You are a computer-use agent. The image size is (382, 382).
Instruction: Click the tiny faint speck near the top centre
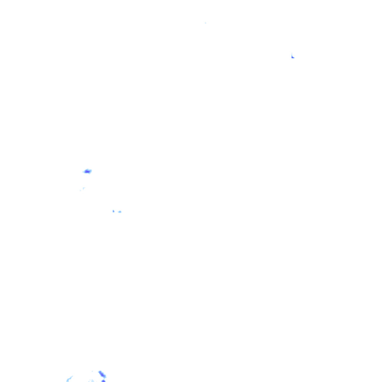205,23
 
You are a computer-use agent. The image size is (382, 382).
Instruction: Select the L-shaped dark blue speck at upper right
292,57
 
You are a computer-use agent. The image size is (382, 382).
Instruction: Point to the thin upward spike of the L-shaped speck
292,54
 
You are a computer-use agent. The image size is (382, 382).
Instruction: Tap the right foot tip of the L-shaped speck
294,57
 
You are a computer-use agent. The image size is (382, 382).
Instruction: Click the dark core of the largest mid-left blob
88,171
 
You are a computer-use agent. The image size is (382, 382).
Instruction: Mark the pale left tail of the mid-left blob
84,172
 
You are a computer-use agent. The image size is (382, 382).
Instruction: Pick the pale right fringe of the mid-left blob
91,171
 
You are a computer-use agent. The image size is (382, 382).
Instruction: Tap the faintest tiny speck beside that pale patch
80,190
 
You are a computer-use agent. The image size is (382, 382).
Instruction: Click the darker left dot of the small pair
113,211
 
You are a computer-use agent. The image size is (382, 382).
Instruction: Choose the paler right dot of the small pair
120,212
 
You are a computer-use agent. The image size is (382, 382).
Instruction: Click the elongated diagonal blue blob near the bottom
102,374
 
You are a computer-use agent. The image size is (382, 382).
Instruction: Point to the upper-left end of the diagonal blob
100,372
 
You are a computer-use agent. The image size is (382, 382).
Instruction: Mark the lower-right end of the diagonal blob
105,377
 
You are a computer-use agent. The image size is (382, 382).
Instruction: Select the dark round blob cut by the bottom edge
103,381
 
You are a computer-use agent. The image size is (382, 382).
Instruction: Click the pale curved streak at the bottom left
69,379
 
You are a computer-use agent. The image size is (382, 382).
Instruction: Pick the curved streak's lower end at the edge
67,381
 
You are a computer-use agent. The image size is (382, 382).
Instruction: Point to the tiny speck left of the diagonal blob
92,372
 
